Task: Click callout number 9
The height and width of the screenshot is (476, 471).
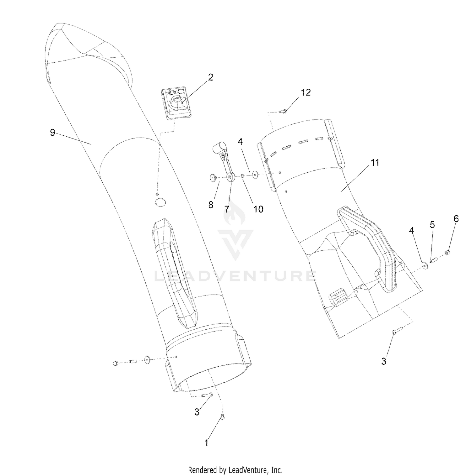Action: [x=52, y=133]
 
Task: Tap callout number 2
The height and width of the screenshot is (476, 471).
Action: [x=210, y=77]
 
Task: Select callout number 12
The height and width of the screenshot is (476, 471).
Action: [x=306, y=92]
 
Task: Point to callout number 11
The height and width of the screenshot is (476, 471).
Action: [x=375, y=162]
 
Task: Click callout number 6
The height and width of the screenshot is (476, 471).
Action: [x=456, y=218]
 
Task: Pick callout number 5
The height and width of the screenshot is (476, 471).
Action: [x=432, y=224]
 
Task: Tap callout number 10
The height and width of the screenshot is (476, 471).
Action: [x=258, y=209]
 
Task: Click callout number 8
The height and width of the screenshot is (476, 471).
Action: [x=211, y=205]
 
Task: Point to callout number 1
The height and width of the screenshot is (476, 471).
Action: [x=206, y=443]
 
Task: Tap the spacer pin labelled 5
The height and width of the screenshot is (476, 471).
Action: [x=434, y=260]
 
